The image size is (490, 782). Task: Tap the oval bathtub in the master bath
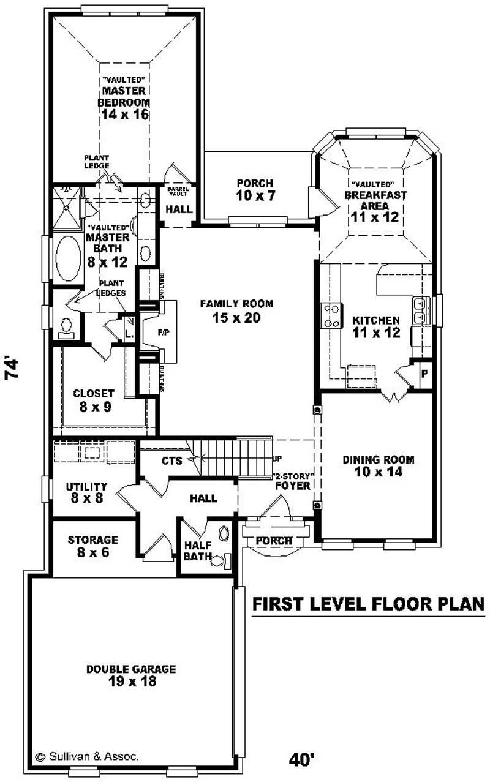[x=68, y=258]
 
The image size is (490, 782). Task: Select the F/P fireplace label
[x=163, y=333]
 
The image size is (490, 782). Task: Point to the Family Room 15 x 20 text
[x=236, y=310]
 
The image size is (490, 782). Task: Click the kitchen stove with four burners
[x=331, y=315]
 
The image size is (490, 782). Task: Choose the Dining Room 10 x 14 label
[x=378, y=465]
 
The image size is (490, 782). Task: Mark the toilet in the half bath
[x=220, y=559]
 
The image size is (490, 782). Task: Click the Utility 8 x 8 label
[x=86, y=492]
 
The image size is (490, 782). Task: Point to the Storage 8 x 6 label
[x=92, y=546]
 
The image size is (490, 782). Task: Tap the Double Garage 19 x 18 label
[x=130, y=675]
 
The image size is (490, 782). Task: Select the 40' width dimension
[x=302, y=759]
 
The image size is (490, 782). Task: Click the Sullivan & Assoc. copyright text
[x=87, y=756]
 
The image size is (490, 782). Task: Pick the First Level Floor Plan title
[x=368, y=604]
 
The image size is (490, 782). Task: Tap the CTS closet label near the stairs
[x=172, y=461]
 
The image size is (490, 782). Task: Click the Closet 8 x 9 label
[x=94, y=399]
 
